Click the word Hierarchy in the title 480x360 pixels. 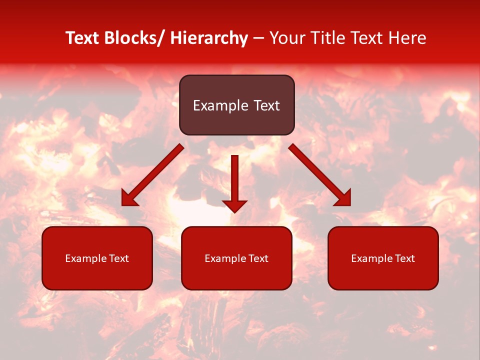208,38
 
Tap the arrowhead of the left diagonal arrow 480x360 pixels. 129,199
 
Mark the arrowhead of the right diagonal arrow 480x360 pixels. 343,198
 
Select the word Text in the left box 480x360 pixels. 119,258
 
